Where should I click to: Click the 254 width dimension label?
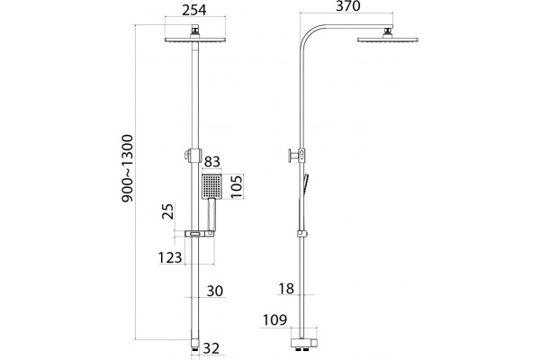pyautogui.click(x=194, y=10)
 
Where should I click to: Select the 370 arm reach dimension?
pyautogui.click(x=348, y=6)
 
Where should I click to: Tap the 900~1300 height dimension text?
pyautogui.click(x=127, y=168)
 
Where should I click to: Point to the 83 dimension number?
pyautogui.click(x=212, y=162)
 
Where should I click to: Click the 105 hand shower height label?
pyautogui.click(x=237, y=186)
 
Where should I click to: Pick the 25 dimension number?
pyautogui.click(x=167, y=211)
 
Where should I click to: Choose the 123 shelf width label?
pyautogui.click(x=170, y=257)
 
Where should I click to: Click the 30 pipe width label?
pyautogui.click(x=215, y=291)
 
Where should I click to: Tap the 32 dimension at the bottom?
pyautogui.click(x=211, y=348)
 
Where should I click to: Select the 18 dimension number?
pyautogui.click(x=286, y=289)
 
